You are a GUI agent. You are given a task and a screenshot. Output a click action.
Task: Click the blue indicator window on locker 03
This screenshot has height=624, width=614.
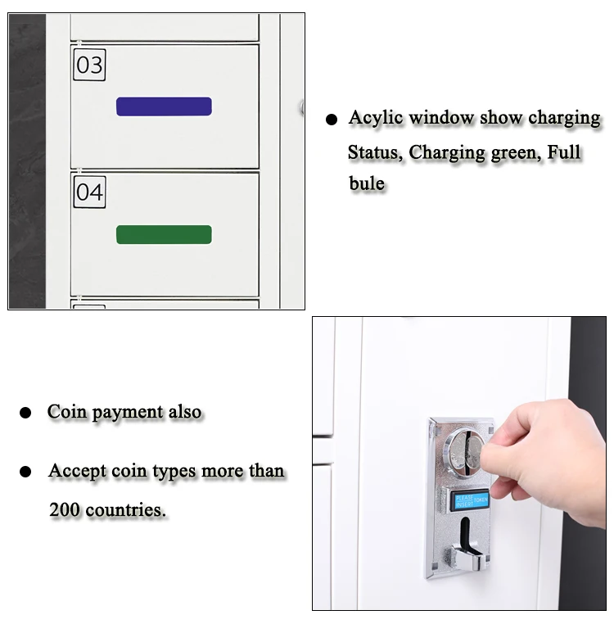point(164,106)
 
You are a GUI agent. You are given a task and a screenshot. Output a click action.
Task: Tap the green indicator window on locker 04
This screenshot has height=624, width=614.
point(164,235)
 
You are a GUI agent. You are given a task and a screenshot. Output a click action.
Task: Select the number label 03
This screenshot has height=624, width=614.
point(89,65)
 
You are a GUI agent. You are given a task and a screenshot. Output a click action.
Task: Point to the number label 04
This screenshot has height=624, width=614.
point(89,192)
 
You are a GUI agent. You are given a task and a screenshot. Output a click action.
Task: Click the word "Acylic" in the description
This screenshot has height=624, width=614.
point(376,119)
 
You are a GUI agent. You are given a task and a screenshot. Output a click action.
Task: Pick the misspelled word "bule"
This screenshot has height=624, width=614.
point(367,183)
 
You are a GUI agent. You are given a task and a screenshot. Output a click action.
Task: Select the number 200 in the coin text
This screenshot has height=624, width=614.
point(65,510)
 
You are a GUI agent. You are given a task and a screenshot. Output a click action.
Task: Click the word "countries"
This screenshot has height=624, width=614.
point(125,510)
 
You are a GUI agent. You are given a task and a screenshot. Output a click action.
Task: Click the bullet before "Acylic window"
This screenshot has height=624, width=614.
point(332,120)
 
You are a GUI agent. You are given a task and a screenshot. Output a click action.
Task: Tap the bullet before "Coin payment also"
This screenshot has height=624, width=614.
point(25,413)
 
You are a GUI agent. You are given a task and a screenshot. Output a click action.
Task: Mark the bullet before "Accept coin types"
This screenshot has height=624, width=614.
point(25,473)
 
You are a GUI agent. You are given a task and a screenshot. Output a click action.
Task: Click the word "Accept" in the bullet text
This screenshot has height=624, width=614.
point(77,471)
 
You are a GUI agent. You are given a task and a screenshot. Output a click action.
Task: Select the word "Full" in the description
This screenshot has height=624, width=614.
point(562,152)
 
